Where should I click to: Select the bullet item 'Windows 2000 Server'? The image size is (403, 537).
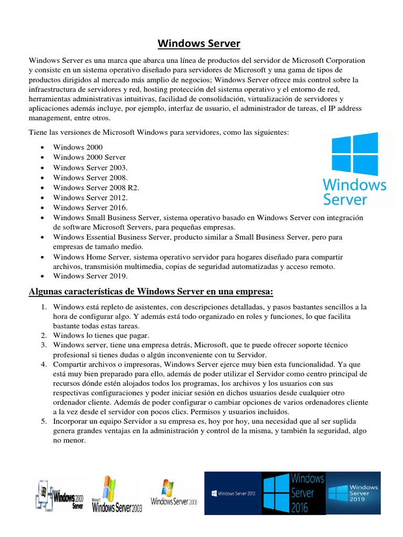(x=89, y=157)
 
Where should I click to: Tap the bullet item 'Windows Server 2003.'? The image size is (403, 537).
(x=90, y=167)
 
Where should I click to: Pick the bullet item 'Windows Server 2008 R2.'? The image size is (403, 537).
(x=96, y=187)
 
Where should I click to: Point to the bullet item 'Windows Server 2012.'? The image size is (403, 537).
(x=90, y=198)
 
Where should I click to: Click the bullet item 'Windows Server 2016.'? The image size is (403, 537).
(x=90, y=208)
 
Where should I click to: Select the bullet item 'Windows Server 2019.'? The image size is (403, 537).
(x=90, y=276)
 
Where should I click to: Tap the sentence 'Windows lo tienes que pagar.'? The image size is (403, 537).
(x=101, y=335)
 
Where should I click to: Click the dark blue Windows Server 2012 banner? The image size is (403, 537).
(x=233, y=493)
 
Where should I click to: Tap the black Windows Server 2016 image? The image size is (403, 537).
(x=293, y=493)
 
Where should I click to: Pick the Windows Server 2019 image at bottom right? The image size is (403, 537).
(x=353, y=493)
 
